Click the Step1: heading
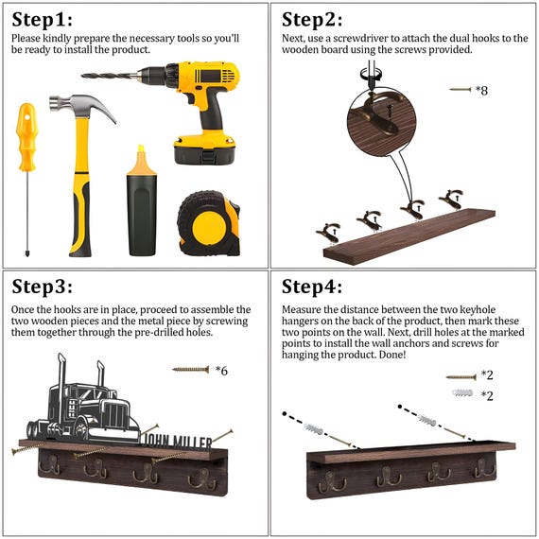42,20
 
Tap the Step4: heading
312,287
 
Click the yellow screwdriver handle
27,137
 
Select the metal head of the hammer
82,108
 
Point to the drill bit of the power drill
110,76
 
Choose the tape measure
209,224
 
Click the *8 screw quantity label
481,91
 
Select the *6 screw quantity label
221,371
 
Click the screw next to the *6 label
191,370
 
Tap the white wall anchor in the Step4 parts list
462,393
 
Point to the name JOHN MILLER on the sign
177,442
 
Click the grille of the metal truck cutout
117,414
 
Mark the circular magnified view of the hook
382,123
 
